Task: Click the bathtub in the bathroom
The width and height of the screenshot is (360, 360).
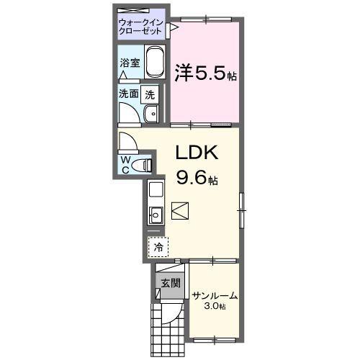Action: tap(155, 65)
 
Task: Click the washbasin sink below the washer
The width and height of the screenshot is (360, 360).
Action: tap(151, 114)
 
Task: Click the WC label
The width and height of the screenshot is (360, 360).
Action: tap(125, 163)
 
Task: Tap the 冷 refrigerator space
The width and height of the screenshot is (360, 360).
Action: tap(158, 246)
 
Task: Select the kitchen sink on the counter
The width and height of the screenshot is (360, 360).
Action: tap(156, 214)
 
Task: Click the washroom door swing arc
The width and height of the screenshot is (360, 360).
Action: tap(130, 114)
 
